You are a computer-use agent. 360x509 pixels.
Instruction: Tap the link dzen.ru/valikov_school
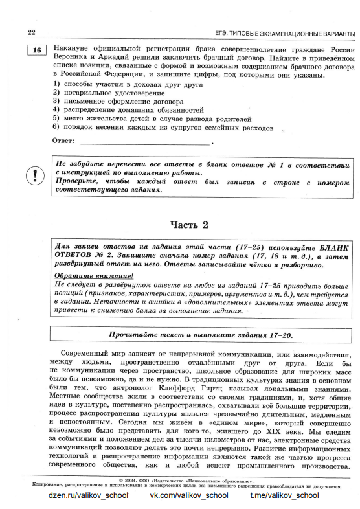(x=88, y=495)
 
